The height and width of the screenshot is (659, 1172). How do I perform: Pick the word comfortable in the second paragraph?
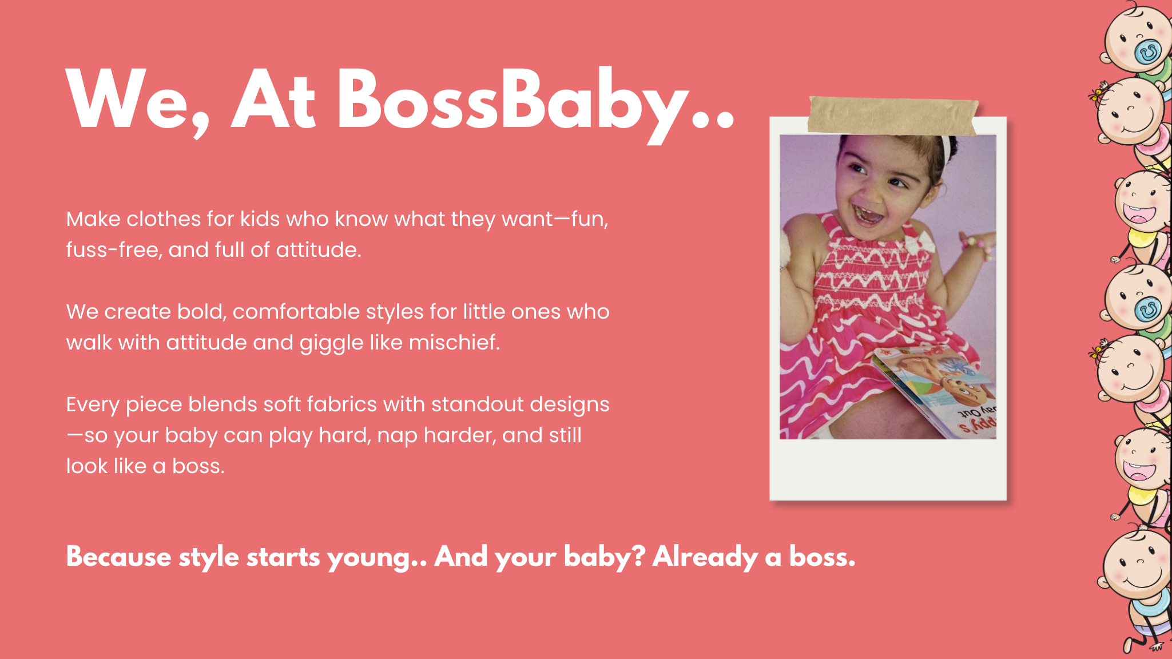296,312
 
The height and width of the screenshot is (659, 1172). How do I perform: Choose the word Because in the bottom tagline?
118,557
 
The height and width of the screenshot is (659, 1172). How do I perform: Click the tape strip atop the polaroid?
893,116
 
